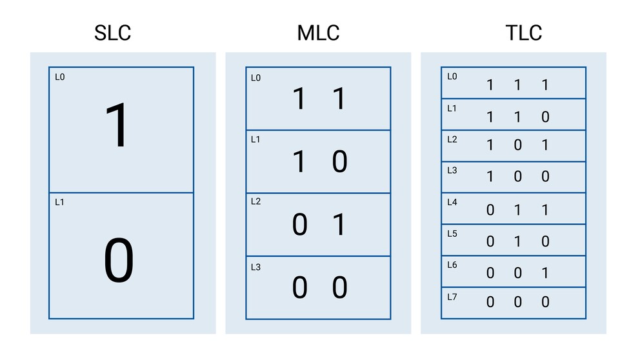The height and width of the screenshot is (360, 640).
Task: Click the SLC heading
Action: tap(113, 33)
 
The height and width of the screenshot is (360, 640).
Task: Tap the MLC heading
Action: tap(318, 33)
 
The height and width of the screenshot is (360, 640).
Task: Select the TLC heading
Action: tap(524, 33)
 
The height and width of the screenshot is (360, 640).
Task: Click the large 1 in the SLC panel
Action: tap(117, 125)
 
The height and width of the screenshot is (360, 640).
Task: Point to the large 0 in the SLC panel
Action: tap(119, 260)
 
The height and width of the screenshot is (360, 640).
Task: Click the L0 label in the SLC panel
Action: tap(60, 77)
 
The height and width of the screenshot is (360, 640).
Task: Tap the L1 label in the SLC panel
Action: tap(59, 202)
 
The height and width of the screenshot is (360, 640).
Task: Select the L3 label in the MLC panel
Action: tap(256, 267)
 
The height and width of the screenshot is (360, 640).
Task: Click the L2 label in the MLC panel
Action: tap(256, 201)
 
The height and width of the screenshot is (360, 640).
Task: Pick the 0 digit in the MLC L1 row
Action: tap(339, 162)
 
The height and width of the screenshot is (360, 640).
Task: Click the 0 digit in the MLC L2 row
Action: tap(299, 225)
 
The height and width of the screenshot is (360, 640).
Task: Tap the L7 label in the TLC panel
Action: tap(452, 297)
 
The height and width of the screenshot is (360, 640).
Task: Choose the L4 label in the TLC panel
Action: tap(452, 202)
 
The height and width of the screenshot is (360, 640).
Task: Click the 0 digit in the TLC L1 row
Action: tap(545, 117)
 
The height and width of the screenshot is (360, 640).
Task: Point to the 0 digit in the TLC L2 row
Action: tap(517, 145)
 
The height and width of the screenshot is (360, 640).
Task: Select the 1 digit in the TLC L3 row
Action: tap(490, 176)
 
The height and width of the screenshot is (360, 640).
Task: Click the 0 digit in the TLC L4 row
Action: tap(490, 210)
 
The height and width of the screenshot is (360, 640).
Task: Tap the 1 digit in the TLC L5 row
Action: tap(517, 241)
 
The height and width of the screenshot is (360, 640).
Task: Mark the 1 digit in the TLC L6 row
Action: tap(545, 273)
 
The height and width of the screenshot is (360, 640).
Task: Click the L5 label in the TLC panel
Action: tap(452, 234)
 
